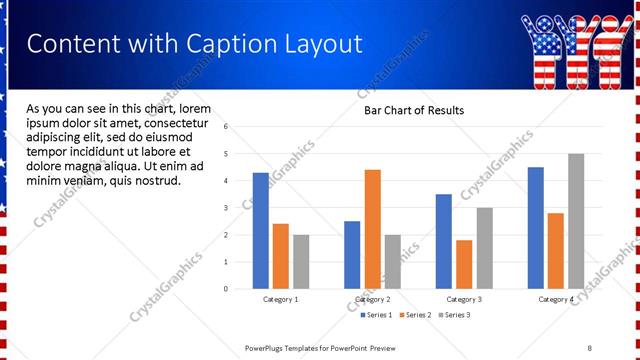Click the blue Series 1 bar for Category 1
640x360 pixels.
click(x=261, y=231)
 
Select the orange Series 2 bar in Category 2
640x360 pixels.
click(x=372, y=229)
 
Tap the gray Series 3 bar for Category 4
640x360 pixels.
click(x=576, y=221)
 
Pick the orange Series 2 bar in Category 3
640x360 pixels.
click(x=464, y=264)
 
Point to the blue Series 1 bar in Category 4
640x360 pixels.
click(x=536, y=228)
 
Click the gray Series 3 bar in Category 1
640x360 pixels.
click(x=301, y=262)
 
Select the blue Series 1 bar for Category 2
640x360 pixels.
click(x=352, y=255)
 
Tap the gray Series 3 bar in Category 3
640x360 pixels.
click(x=484, y=248)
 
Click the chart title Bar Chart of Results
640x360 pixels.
click(x=413, y=110)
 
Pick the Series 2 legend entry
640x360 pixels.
click(x=414, y=315)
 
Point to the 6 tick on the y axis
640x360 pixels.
click(x=227, y=127)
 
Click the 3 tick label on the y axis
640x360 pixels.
click(x=227, y=208)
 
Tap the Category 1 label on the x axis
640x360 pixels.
click(x=281, y=299)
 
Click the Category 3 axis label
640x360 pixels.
click(x=464, y=299)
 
